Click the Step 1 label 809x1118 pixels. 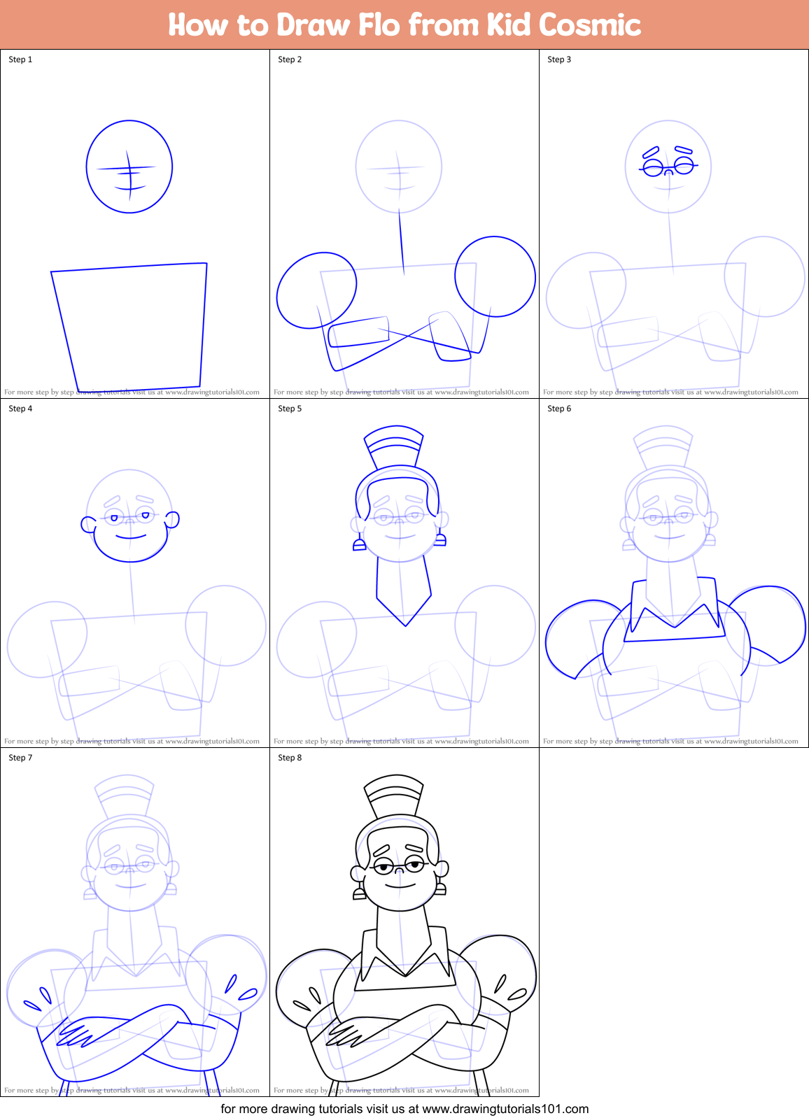click(x=20, y=59)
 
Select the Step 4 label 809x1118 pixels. click(x=20, y=409)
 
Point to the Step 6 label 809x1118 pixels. click(x=559, y=409)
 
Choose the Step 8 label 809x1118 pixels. click(x=290, y=758)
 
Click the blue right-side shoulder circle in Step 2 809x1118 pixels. click(x=495, y=276)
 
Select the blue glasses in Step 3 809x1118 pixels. click(x=668, y=167)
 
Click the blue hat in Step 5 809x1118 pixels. click(x=394, y=442)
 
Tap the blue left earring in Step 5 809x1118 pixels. click(x=359, y=544)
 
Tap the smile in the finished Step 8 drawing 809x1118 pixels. click(x=399, y=886)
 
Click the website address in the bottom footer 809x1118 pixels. click(x=505, y=1109)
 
